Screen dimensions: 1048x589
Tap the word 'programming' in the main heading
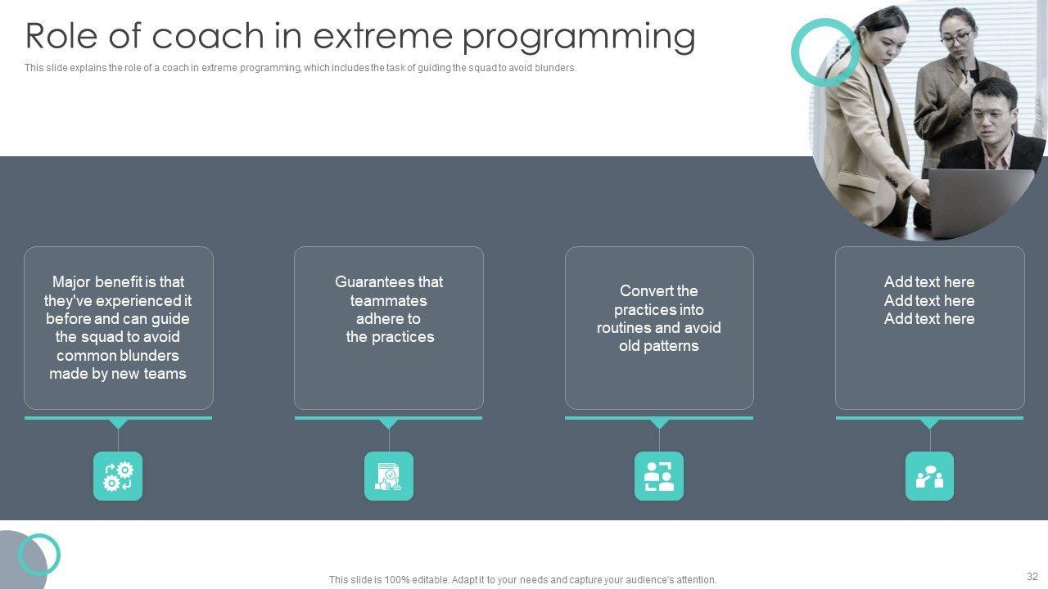579,38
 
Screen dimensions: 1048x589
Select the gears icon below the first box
118,476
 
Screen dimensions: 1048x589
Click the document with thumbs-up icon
389,476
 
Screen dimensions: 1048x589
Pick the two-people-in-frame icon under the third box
659,476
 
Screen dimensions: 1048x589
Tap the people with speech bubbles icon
929,476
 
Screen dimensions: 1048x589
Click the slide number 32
1032,576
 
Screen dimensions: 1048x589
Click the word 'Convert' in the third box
644,290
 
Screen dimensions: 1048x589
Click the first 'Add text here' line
929,282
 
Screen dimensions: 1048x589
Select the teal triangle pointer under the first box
118,423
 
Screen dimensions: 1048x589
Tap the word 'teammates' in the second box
388,300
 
